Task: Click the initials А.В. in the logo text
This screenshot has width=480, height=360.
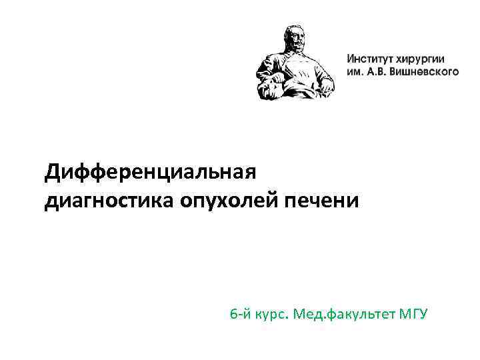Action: coord(381,70)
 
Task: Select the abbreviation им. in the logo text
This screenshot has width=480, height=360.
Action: coord(355,70)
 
